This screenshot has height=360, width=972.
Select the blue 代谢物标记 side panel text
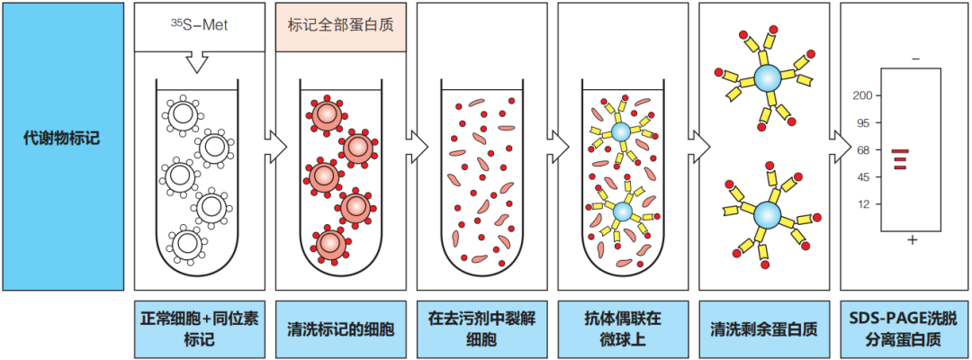pos(61,139)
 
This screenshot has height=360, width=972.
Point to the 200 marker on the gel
pos(865,95)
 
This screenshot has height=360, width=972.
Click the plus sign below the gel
pos(913,240)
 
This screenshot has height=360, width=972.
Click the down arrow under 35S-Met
pos(195,62)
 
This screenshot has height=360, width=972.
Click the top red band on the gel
pos(900,151)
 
